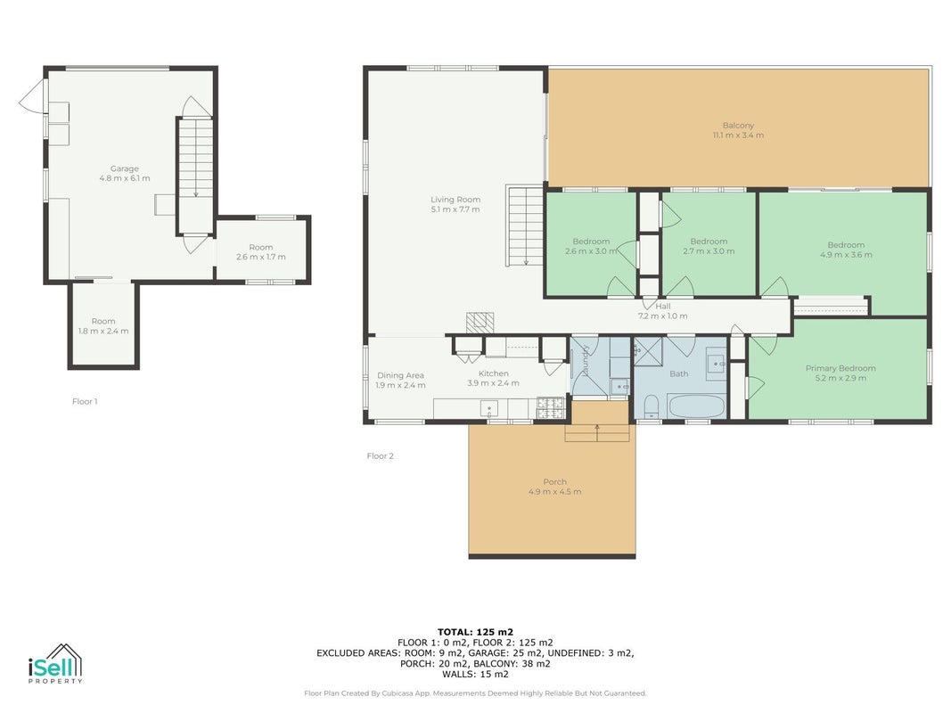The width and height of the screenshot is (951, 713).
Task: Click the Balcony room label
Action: coord(738,126)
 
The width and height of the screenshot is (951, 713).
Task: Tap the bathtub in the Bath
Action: coord(696,406)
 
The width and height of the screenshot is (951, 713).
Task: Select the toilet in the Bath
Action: coord(651,406)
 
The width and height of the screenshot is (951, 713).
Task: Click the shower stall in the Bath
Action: coord(648,351)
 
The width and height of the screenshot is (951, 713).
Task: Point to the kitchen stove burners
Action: coord(550,408)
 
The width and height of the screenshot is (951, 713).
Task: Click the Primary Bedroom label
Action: coord(840,368)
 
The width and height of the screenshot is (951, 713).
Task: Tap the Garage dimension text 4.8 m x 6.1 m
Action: coord(124,178)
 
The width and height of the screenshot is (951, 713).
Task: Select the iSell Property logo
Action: coord(55,664)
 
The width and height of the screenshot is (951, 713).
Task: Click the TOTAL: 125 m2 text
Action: coord(476,632)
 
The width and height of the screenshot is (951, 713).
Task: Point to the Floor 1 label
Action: coord(85,401)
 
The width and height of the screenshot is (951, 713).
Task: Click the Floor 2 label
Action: coord(381,456)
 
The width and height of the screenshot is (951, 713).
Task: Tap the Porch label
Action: coord(555,481)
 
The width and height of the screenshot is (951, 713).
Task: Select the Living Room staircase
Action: coord(525,225)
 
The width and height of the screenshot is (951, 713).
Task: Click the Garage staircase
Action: coord(195,176)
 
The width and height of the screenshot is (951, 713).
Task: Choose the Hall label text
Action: coord(663,307)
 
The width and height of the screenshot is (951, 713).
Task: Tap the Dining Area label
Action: coord(400,375)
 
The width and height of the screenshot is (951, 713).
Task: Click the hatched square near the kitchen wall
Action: coord(480,322)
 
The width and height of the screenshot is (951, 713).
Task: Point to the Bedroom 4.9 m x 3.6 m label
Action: coord(846,250)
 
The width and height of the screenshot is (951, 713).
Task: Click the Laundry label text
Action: coord(586,361)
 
